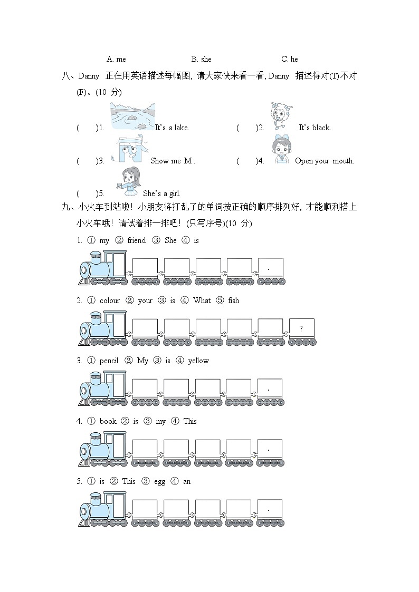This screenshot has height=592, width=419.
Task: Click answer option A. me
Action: pyautogui.click(x=116, y=59)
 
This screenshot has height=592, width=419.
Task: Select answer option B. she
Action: pyautogui.click(x=201, y=59)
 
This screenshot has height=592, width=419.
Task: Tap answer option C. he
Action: pyautogui.click(x=290, y=59)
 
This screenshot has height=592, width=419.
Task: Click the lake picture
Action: pyautogui.click(x=132, y=117)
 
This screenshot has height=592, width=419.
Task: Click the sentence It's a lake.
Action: pyautogui.click(x=172, y=128)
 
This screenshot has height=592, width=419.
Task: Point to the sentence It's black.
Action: pyautogui.click(x=315, y=128)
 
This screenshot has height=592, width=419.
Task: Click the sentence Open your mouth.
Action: pyautogui.click(x=325, y=161)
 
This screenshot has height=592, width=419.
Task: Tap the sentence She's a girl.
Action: pyautogui.click(x=161, y=193)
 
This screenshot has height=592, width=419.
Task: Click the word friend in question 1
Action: pyautogui.click(x=136, y=240)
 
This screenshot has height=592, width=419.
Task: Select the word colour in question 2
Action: pyautogui.click(x=110, y=300)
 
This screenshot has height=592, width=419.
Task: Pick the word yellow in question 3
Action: pyautogui.click(x=198, y=361)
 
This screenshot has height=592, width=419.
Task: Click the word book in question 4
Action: pyautogui.click(x=108, y=421)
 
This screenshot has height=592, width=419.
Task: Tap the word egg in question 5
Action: pyautogui.click(x=160, y=481)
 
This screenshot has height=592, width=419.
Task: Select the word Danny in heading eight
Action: pyautogui.click(x=89, y=76)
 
